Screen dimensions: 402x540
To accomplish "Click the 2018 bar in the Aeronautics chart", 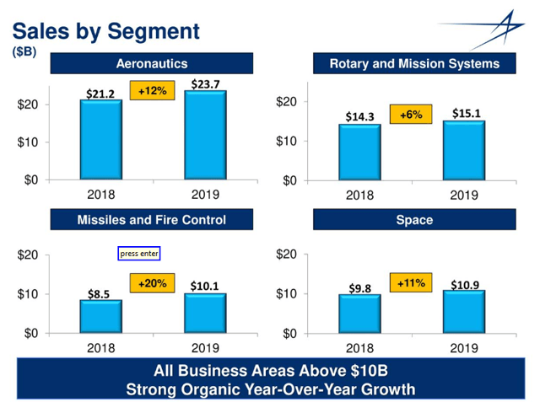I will coord(100,139).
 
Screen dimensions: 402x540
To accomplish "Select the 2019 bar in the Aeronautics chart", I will coord(205,135).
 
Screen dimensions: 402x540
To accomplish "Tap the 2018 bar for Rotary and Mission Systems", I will coord(359,152).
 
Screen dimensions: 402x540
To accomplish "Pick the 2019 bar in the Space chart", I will coord(463,311).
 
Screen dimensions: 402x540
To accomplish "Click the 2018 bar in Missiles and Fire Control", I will coord(100,316).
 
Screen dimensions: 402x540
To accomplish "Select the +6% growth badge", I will coord(411,114).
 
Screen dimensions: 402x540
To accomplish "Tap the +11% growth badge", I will coord(411,282).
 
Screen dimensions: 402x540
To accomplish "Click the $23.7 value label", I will coord(205,83).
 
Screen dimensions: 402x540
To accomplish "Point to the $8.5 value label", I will coord(100,293).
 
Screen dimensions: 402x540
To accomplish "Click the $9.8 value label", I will coord(359,287).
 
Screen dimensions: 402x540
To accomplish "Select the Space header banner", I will coord(413,220).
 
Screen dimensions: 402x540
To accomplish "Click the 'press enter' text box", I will coord(138,253).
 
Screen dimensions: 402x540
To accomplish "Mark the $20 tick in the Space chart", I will coord(286,255).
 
